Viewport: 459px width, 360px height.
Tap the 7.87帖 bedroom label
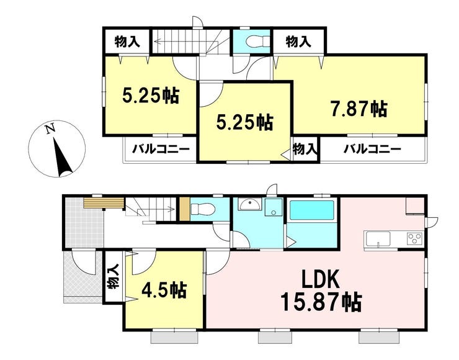coord(359,109)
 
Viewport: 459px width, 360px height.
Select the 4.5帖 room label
coord(164,290)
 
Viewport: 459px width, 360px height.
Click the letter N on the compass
coord(50,129)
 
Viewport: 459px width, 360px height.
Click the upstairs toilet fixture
coord(256,42)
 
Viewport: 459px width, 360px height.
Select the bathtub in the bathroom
coord(312,210)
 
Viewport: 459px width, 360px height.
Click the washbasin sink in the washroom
coord(249,204)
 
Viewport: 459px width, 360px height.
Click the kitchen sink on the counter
coord(377,239)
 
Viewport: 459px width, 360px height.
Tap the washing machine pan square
coord(274,207)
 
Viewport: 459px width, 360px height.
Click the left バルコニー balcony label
coord(161,150)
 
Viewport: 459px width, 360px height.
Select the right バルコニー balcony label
coord(372,150)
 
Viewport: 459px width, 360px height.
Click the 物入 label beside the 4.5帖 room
coord(114,276)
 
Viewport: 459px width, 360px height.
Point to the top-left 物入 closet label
coord(127,42)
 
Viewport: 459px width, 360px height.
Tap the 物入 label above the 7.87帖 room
coord(298,42)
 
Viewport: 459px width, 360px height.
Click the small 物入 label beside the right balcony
coord(305,149)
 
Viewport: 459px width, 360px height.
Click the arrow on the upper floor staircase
coord(187,42)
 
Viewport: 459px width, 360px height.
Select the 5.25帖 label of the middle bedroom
coord(245,122)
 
